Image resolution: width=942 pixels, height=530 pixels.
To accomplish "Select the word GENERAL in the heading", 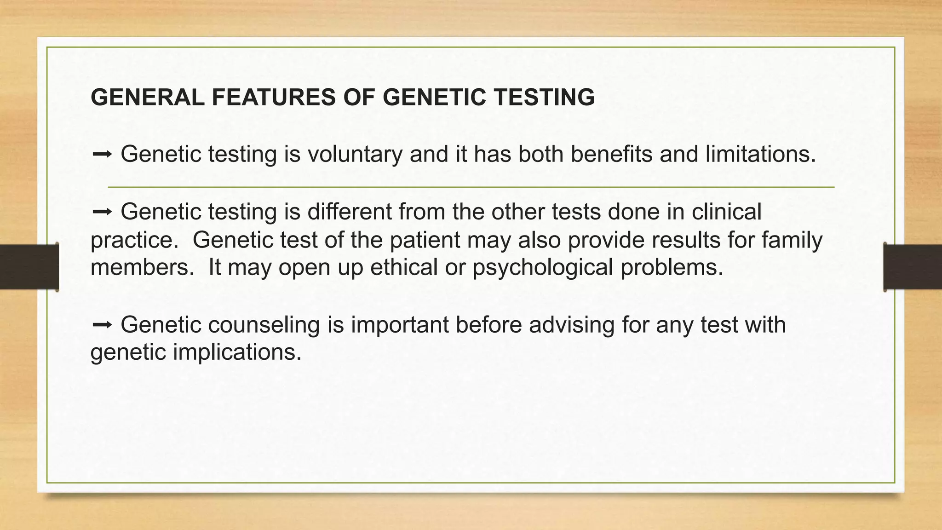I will pos(147,98).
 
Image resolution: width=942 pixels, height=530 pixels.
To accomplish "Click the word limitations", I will pos(760,154).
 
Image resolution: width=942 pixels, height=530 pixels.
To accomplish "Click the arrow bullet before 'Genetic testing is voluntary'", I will pos(102,155).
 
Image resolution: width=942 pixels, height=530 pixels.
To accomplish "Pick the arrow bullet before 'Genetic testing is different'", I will pos(102,212).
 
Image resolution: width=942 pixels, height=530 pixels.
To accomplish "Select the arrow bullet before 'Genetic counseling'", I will pos(102,325).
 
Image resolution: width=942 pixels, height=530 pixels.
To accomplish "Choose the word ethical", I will pos(404,267).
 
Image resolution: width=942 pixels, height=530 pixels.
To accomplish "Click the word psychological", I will pos(543,267).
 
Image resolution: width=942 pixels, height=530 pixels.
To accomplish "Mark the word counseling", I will pos(264,325).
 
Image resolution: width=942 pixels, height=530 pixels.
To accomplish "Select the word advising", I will pos(571,325).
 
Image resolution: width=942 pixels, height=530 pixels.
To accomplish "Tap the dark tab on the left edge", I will pos(29,267).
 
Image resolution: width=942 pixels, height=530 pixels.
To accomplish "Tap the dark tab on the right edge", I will pos(913,267).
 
